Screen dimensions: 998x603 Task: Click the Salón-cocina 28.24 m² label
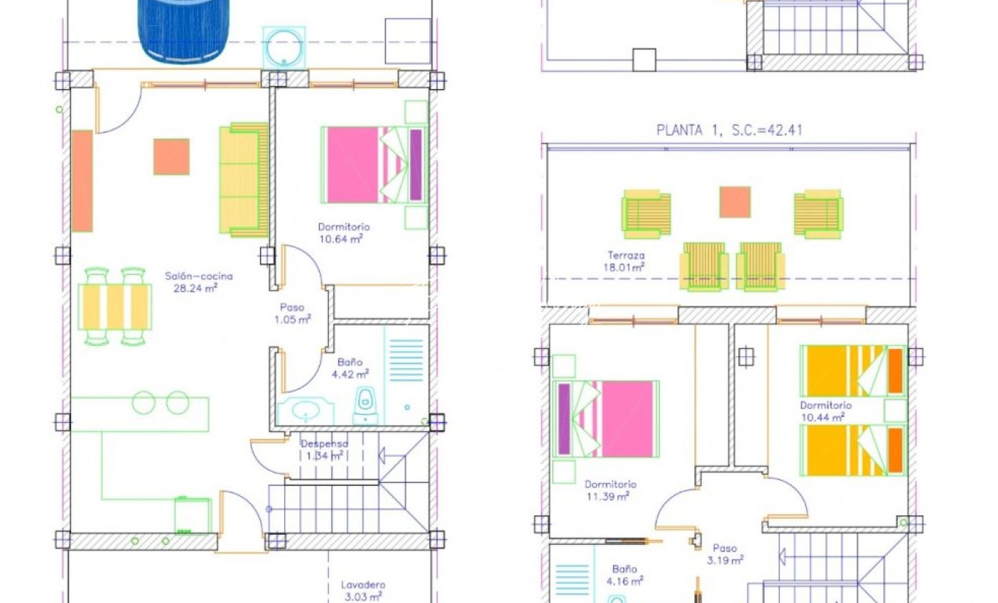click(199, 282)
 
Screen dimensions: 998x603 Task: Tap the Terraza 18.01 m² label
click(624, 261)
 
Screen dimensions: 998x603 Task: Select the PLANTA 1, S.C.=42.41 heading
click(729, 130)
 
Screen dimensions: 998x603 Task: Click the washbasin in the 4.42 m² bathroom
click(306, 411)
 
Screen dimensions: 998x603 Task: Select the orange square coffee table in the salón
click(172, 156)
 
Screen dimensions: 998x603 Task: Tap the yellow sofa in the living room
click(243, 180)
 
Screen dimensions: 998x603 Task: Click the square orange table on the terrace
click(735, 202)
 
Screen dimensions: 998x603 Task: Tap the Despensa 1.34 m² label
click(325, 449)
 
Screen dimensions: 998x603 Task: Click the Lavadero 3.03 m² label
click(363, 591)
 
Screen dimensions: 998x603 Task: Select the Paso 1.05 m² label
click(293, 313)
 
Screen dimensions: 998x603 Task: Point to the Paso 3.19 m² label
click(725, 554)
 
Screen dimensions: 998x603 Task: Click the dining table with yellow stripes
click(115, 307)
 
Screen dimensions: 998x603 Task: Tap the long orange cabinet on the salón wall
click(83, 181)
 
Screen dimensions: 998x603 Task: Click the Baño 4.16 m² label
click(625, 574)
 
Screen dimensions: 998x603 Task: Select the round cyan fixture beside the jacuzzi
click(284, 47)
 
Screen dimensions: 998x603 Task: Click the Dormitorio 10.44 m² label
click(826, 411)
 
